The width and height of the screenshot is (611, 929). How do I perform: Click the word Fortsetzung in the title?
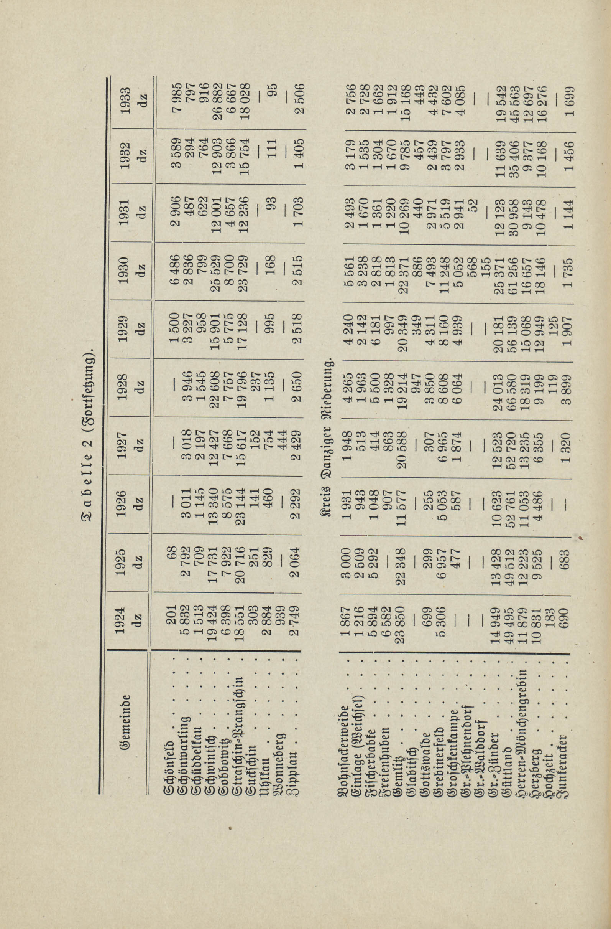pyautogui.click(x=88, y=377)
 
